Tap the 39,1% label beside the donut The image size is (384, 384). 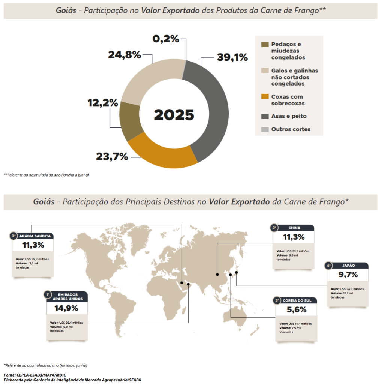(x=232, y=57)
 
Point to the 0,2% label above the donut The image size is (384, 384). (x=166, y=39)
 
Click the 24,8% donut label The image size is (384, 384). (x=124, y=55)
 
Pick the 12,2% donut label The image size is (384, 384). (x=103, y=102)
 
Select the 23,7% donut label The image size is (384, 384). (x=112, y=156)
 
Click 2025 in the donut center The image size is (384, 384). (x=174, y=115)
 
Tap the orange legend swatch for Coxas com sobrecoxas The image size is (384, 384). (x=265, y=97)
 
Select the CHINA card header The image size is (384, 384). (x=294, y=228)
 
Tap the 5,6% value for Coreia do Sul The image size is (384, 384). (x=297, y=310)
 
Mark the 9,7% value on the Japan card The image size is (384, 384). (x=348, y=274)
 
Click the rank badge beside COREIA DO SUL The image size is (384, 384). (x=277, y=300)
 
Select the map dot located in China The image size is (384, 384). (x=217, y=274)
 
